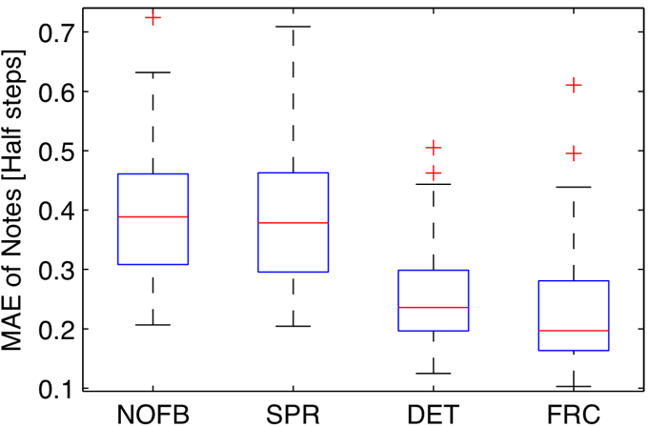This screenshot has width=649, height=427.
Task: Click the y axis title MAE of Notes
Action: pyautogui.click(x=16, y=200)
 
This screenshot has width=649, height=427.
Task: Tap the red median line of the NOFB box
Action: pyautogui.click(x=152, y=216)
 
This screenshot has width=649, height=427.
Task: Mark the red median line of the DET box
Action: pyautogui.click(x=433, y=307)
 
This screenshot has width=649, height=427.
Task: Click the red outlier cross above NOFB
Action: pyautogui.click(x=152, y=18)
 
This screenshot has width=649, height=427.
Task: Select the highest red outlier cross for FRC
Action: pyautogui.click(x=573, y=85)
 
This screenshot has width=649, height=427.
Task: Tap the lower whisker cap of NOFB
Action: pyautogui.click(x=152, y=325)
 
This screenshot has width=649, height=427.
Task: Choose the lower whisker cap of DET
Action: pyautogui.click(x=433, y=373)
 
